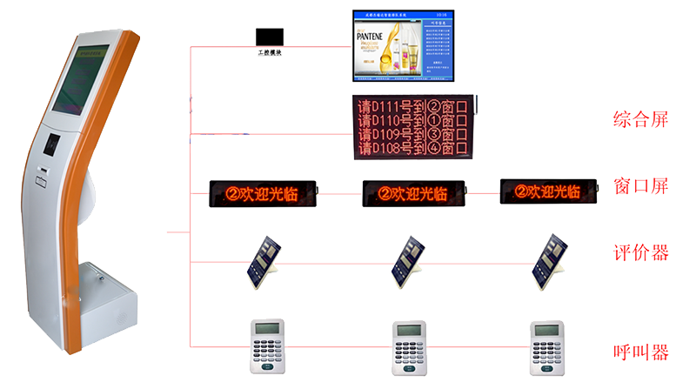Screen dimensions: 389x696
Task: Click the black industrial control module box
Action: coord(269,37)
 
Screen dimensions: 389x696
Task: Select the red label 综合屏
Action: coord(640,119)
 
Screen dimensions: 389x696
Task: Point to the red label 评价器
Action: coord(640,253)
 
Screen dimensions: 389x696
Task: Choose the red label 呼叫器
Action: coord(640,352)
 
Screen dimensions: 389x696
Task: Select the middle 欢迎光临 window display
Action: coord(414,192)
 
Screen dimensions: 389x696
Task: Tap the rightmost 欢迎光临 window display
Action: coord(552,191)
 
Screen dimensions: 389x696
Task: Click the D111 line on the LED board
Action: coord(413,106)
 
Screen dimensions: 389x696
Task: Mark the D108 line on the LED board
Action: coord(413,149)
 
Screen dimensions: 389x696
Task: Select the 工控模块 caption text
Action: coord(270,55)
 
